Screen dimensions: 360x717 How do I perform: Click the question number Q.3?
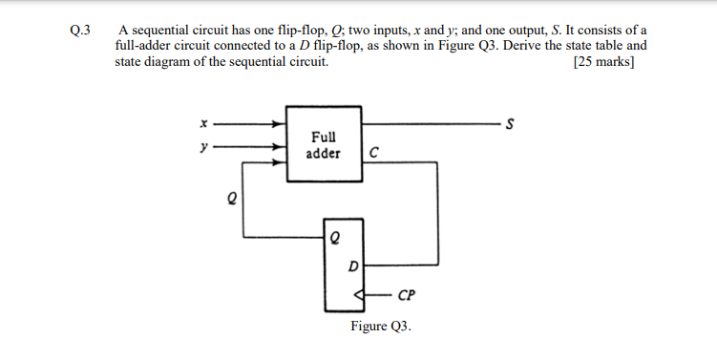point(79,30)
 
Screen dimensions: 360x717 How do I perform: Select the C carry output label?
point(373,153)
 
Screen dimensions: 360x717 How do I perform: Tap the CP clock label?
point(406,294)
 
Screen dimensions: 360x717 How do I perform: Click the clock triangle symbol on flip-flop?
point(358,294)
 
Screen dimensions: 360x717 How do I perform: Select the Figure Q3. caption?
point(381,327)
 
